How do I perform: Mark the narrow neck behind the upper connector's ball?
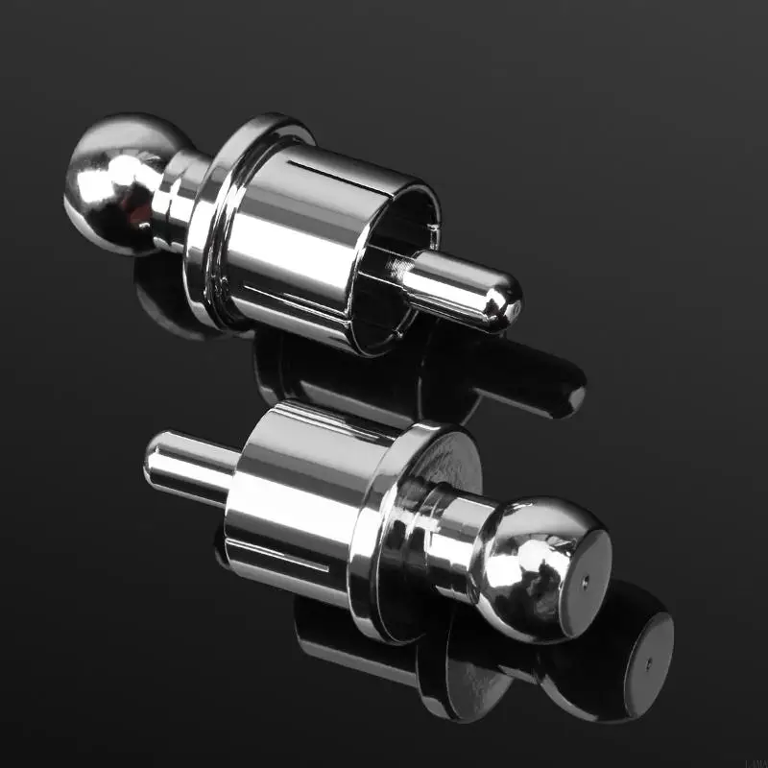(178, 197)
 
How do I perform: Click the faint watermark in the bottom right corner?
(756, 760)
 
